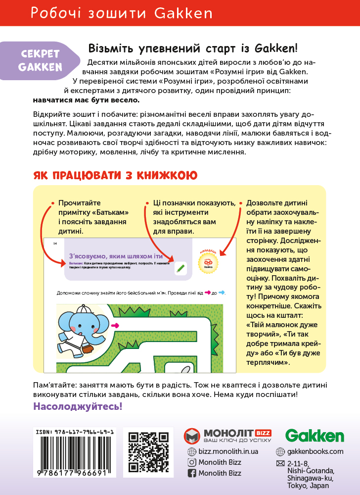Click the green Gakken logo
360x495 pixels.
pos(315,436)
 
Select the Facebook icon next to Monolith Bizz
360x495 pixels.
pos(192,473)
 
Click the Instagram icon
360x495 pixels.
pos(192,462)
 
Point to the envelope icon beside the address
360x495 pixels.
pos(280,464)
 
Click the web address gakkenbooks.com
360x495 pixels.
pos(315,451)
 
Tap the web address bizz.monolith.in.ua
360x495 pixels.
pos(228,451)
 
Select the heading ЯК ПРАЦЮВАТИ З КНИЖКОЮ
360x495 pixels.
pos(116,175)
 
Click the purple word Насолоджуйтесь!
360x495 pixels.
pos(78,406)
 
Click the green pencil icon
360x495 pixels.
pos(180,268)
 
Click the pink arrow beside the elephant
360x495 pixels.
pos(116,325)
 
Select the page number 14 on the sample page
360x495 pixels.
pos(55,244)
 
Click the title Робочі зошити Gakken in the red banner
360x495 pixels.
pos(122,13)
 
